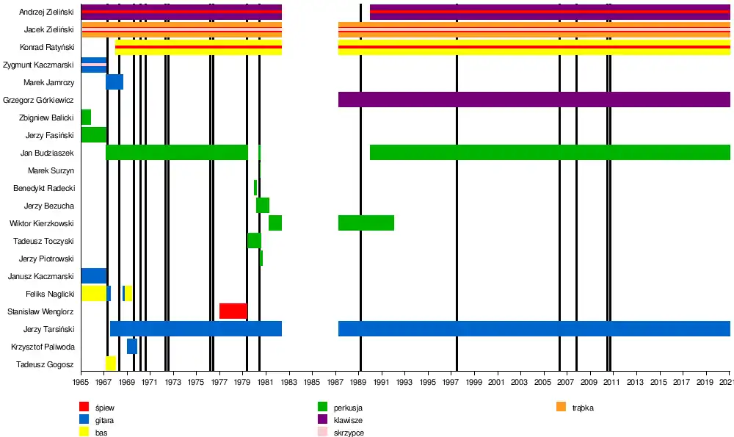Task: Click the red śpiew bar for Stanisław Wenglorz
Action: [x=233, y=311]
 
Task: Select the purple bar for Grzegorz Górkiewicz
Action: [x=534, y=99]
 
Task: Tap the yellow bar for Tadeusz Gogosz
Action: [x=110, y=364]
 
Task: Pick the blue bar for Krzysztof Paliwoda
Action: [x=131, y=346]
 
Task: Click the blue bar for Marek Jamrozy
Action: [x=115, y=82]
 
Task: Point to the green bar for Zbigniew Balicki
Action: [x=86, y=117]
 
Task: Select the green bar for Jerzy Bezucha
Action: [x=262, y=205]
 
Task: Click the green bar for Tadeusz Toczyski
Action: [x=254, y=240]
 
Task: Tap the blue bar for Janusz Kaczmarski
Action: [x=93, y=275]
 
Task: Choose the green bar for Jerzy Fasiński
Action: [x=93, y=134]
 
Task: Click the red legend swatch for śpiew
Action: [x=84, y=407]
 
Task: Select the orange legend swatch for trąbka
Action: [x=562, y=407]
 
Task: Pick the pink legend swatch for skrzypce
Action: [x=323, y=433]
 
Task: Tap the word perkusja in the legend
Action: [x=348, y=408]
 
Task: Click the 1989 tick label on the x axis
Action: [x=359, y=383]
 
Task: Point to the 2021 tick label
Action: [x=727, y=383]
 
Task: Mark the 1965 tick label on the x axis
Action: [x=81, y=383]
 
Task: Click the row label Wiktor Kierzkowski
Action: [x=42, y=223]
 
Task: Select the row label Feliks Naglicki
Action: [x=50, y=294]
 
